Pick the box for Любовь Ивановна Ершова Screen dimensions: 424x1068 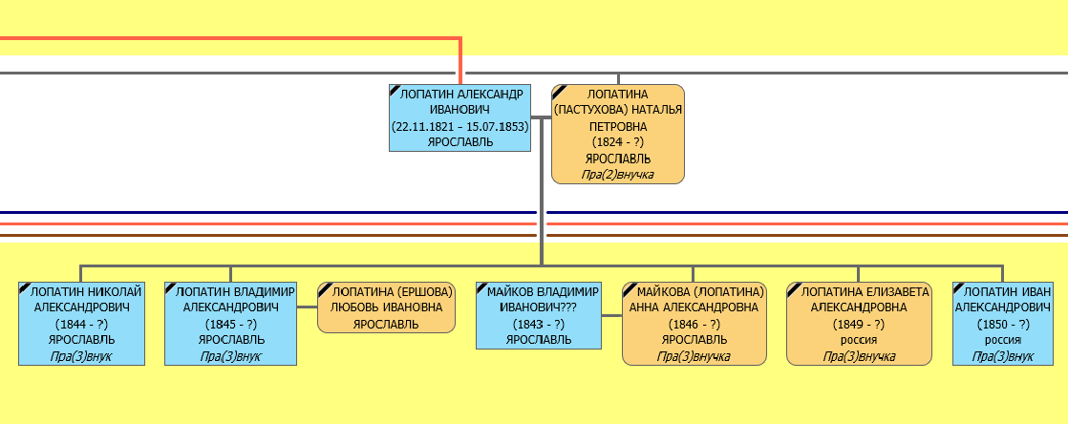point(386,307)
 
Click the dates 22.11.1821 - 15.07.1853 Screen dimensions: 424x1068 point(459,126)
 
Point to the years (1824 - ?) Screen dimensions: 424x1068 point(618,142)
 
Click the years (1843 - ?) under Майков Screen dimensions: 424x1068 point(539,324)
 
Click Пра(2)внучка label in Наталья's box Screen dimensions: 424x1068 point(618,174)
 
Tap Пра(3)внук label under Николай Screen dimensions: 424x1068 point(81,355)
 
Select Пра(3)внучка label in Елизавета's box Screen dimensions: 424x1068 point(859,355)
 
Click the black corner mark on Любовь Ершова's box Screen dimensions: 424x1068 point(323,286)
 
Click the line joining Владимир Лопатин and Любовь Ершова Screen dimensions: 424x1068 point(306,307)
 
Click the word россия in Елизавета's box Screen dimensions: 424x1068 point(859,339)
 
